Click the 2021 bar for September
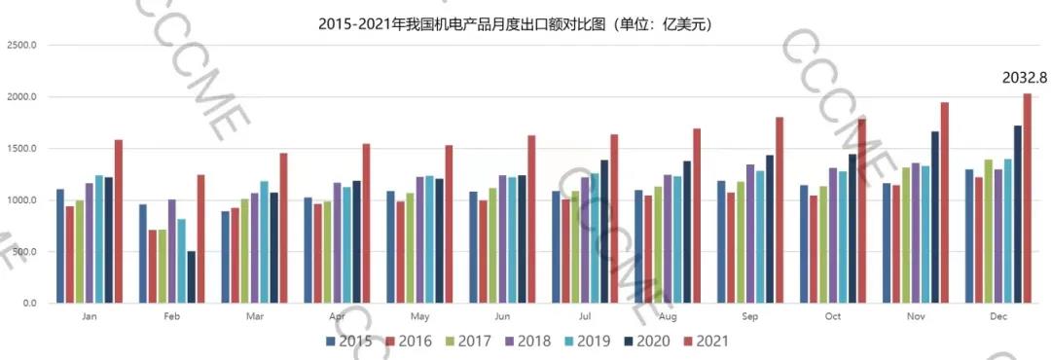pos(779,210)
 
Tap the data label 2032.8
pos(1024,78)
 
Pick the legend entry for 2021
pos(702,342)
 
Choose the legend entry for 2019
pos(583,342)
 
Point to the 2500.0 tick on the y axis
pos(21,46)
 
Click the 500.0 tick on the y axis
pos(23,252)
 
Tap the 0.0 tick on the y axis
pos(28,304)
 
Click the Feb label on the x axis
pos(171,317)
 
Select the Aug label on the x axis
pos(668,317)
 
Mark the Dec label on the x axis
pos(998,317)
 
